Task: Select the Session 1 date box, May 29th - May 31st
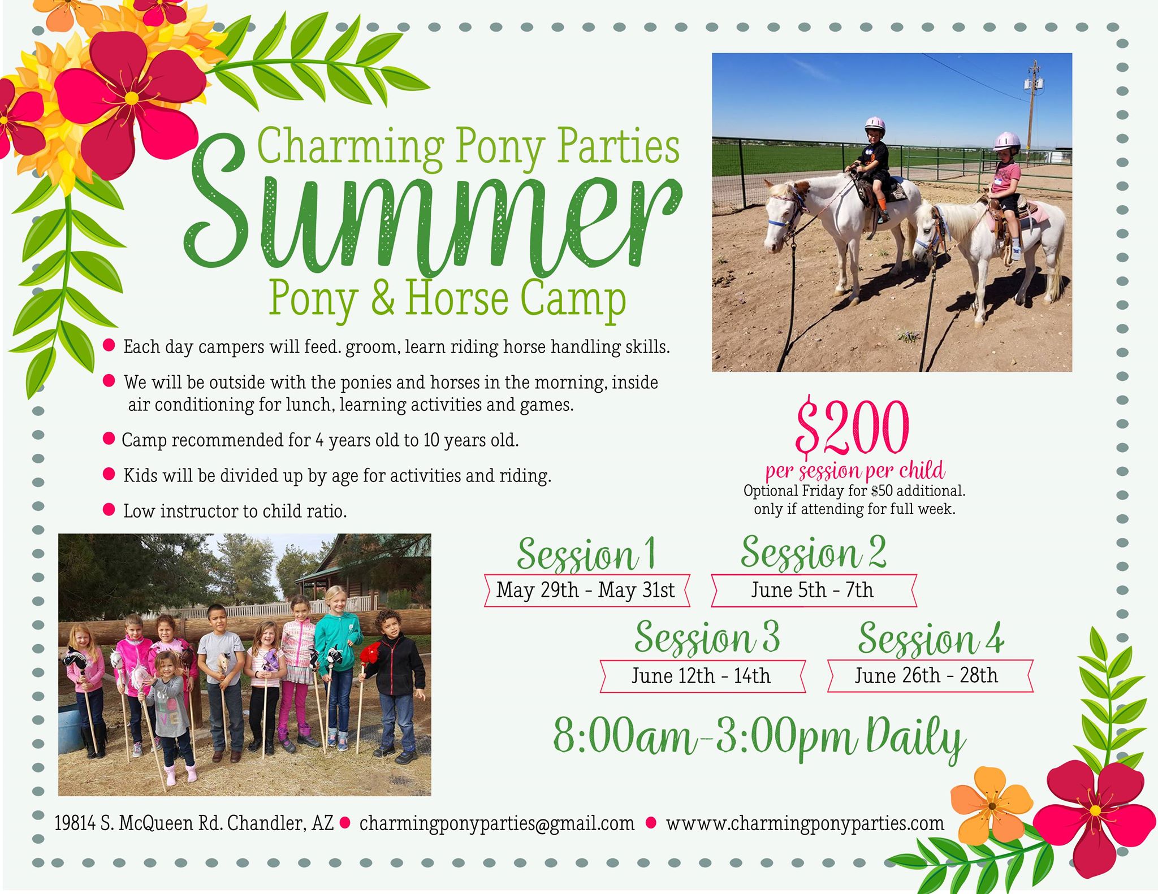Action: click(x=586, y=591)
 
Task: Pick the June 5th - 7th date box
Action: click(x=813, y=591)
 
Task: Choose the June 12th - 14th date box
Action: click(x=701, y=676)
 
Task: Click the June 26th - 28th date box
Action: click(x=927, y=676)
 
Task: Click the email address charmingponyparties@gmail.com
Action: click(x=497, y=823)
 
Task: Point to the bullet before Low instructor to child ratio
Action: click(x=109, y=510)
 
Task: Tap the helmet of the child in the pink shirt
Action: click(x=1007, y=141)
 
